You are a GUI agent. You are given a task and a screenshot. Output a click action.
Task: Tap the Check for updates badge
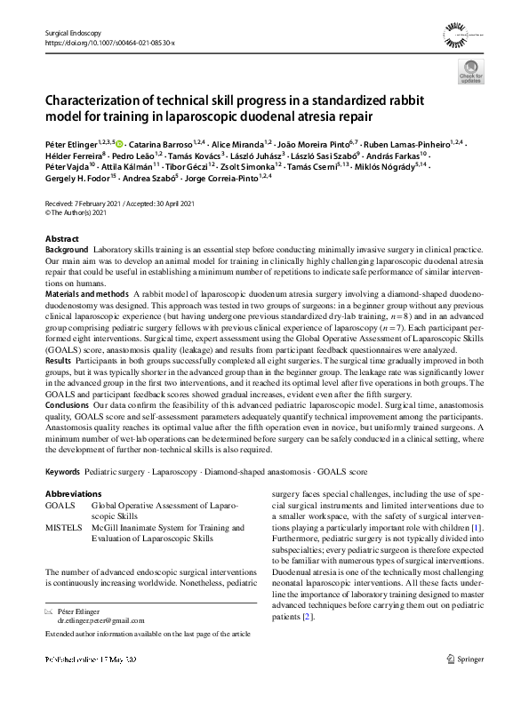tap(469, 74)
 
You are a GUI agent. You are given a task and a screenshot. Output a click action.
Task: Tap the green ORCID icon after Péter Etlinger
tap(120, 143)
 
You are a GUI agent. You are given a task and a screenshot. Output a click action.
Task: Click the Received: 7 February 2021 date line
tap(88, 202)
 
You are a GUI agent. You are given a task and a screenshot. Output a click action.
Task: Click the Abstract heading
tap(61, 240)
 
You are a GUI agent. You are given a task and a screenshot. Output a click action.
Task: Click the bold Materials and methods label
tap(87, 292)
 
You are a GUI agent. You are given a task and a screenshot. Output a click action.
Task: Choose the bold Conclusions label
tap(68, 403)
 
